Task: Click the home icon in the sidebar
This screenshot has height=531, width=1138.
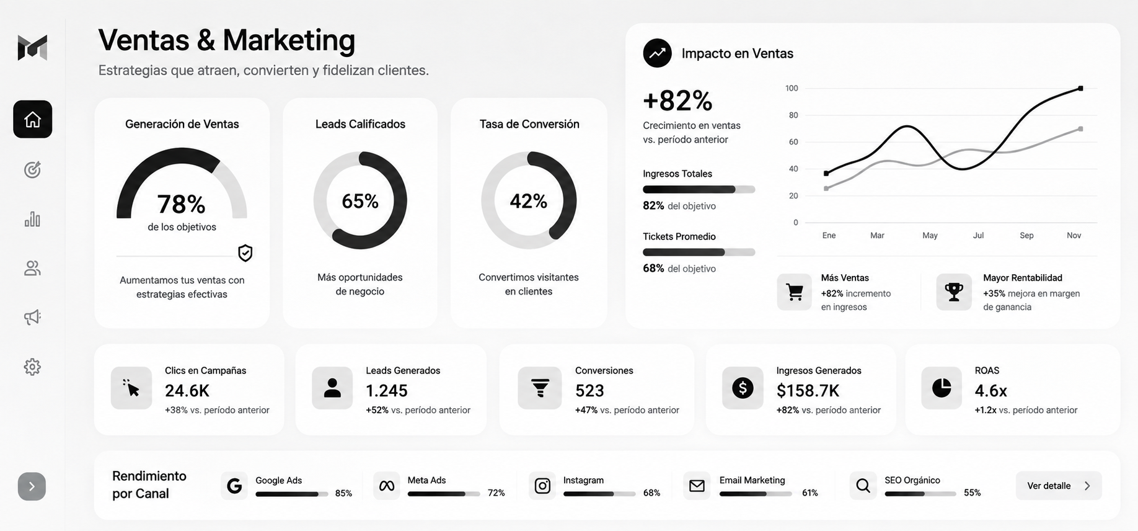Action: pos(32,119)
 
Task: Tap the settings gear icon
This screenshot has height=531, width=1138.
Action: pos(32,367)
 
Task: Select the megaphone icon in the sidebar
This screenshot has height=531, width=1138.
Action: pos(32,318)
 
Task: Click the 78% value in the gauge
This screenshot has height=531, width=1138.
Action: pos(181,204)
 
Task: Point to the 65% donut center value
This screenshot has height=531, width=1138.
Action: pos(360,201)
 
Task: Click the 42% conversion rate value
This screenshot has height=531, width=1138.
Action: pos(529,201)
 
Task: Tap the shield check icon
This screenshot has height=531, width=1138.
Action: pos(245,253)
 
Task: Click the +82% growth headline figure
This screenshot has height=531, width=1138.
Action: pos(677,100)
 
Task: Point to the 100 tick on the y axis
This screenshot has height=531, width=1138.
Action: pos(792,88)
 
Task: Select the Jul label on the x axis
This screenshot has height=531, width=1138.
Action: pos(978,236)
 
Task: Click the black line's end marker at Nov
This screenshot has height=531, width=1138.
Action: pos(1080,89)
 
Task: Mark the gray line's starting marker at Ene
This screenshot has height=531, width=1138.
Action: pos(826,189)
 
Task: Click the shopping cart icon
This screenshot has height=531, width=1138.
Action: pos(794,292)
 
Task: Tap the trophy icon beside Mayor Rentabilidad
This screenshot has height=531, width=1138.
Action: pos(954,292)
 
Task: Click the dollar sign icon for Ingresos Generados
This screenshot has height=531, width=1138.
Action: pos(743,388)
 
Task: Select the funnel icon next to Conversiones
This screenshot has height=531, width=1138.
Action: pos(540,388)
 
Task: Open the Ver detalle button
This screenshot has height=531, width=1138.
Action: pos(1059,486)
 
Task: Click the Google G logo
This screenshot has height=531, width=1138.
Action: pos(234,486)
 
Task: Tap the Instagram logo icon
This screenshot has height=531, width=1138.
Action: pos(542,486)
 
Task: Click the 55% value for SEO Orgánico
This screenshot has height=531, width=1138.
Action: pos(972,493)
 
